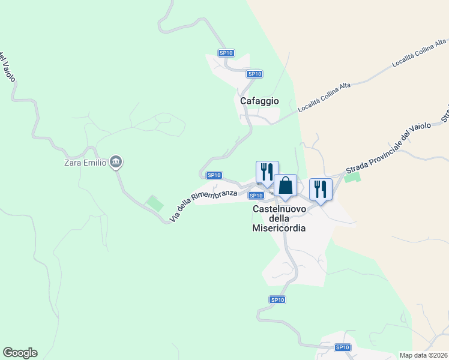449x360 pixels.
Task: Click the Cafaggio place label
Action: point(259,101)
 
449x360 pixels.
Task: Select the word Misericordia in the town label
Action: point(279,228)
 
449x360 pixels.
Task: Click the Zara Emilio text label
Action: point(85,162)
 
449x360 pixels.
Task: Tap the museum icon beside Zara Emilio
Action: point(116,162)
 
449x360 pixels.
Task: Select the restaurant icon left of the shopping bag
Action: point(267,172)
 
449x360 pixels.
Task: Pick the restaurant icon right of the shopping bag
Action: point(321,189)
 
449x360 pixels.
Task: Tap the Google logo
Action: point(20,353)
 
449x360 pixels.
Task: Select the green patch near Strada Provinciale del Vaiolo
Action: point(352,176)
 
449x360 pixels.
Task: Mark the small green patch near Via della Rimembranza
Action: point(155,203)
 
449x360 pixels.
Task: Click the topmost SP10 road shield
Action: point(226,53)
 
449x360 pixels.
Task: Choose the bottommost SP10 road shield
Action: point(342,347)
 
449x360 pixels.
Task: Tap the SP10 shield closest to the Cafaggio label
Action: point(255,74)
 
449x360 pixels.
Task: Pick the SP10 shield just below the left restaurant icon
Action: point(256,195)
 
